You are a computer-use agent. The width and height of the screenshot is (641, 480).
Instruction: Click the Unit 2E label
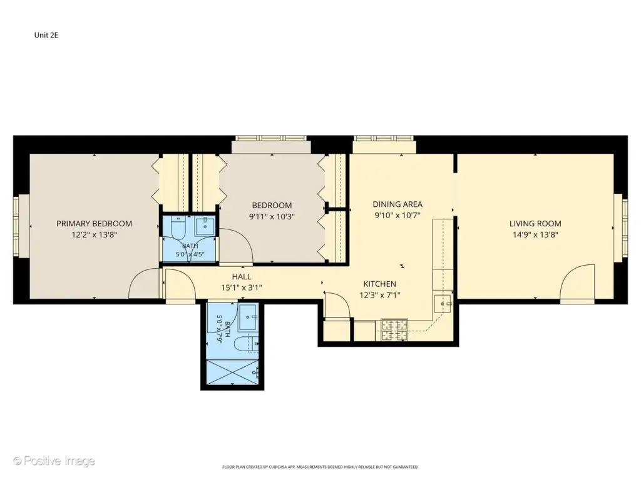coord(46,35)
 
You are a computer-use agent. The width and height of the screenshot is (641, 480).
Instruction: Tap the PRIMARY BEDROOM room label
coord(94,224)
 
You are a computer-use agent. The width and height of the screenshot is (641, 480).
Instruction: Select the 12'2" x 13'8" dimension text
coord(94,235)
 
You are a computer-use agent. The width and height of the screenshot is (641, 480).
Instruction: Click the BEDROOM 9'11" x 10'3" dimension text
coord(272,216)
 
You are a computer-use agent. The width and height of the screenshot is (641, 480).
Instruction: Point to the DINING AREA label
coord(397,204)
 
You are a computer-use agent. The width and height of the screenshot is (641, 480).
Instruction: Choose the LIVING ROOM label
coord(535,224)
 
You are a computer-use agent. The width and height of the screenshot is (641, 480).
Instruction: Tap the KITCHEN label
coord(380,284)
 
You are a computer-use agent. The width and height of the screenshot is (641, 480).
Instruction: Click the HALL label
coord(242,277)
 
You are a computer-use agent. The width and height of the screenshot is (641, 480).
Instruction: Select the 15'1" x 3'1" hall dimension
coord(242,287)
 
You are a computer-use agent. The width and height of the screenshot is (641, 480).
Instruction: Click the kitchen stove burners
coord(394,330)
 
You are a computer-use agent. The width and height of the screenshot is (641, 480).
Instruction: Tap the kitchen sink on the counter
coord(443,304)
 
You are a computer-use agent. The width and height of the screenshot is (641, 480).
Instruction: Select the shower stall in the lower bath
coord(233,372)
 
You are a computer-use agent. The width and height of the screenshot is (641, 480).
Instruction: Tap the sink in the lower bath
coord(248,317)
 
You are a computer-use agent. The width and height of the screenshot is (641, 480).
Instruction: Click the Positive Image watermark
coord(54,461)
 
